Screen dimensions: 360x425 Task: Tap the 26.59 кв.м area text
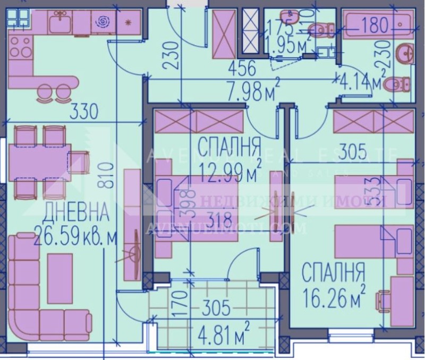[74, 234]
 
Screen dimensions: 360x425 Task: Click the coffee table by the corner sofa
[59, 277]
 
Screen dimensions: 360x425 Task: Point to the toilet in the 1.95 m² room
[320, 28]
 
